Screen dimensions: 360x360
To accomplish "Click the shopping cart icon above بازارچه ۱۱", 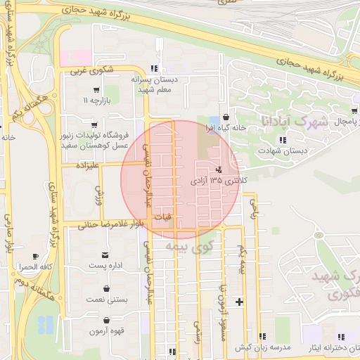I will [96, 91].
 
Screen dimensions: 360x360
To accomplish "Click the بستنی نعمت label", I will [107, 300].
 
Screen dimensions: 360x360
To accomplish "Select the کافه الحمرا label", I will [37, 268].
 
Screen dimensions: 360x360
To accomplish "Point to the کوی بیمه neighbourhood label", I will [189, 247].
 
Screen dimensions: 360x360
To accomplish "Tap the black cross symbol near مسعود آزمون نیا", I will [240, 302].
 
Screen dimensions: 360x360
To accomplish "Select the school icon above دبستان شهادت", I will [281, 140].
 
